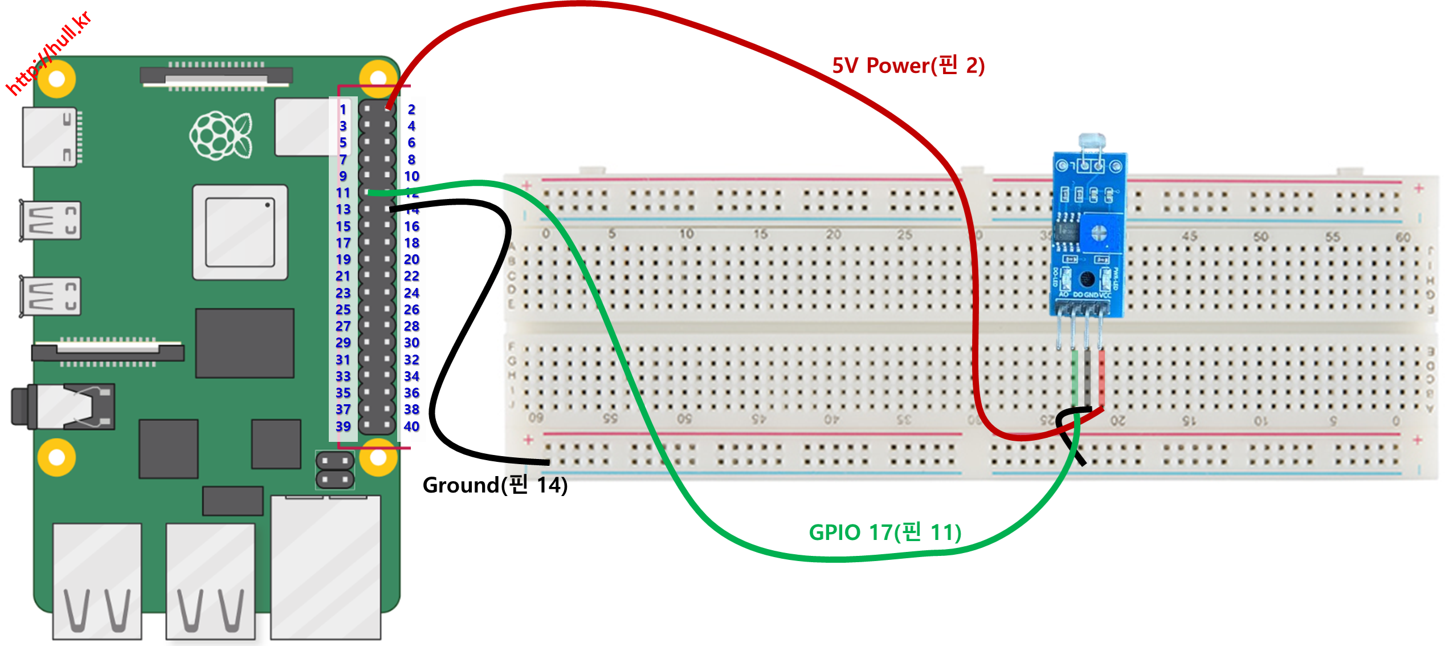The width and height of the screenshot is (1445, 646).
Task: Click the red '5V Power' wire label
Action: [x=908, y=66]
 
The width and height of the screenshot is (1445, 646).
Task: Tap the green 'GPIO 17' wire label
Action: [x=885, y=533]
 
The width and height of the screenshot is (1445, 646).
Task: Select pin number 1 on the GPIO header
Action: [x=343, y=109]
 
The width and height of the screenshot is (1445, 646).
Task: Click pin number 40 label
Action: [x=411, y=426]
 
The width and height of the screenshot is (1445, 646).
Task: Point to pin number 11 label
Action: [x=343, y=193]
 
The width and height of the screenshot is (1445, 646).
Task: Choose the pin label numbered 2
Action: [x=411, y=109]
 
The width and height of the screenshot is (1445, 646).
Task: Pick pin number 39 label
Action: [x=343, y=426]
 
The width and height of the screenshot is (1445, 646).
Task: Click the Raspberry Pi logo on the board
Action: [x=221, y=136]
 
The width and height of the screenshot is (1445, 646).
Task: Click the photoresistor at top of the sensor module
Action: [x=1091, y=141]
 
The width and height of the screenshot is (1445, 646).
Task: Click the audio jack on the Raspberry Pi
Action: [x=63, y=407]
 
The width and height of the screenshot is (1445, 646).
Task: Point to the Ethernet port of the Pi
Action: [x=325, y=567]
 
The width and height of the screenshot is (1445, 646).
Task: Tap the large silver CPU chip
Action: [x=240, y=232]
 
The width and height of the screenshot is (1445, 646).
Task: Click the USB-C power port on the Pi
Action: [x=50, y=137]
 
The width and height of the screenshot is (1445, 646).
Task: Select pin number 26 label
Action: [x=411, y=310]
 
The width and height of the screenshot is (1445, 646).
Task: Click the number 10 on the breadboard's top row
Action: [x=686, y=234]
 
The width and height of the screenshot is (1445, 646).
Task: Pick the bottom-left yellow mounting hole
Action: [x=56, y=457]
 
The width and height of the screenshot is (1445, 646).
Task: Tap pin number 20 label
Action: [x=411, y=259]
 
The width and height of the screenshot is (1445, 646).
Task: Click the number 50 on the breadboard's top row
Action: [x=1260, y=236]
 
